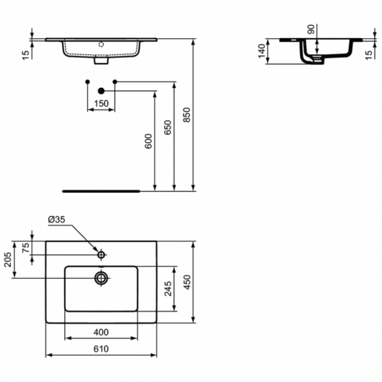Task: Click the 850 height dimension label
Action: coord(187,115)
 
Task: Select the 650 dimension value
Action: coord(167,128)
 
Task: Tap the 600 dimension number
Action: coord(148,141)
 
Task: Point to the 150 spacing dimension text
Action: coord(101,103)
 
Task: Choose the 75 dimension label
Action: coord(25,248)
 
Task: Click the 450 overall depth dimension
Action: coord(187,282)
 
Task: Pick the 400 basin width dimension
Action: coord(102,332)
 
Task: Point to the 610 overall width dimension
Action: coord(102,349)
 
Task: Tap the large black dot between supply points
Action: coord(101,90)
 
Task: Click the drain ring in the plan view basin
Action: coord(101,277)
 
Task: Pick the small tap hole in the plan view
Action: coord(101,255)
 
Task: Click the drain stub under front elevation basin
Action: coord(101,62)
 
